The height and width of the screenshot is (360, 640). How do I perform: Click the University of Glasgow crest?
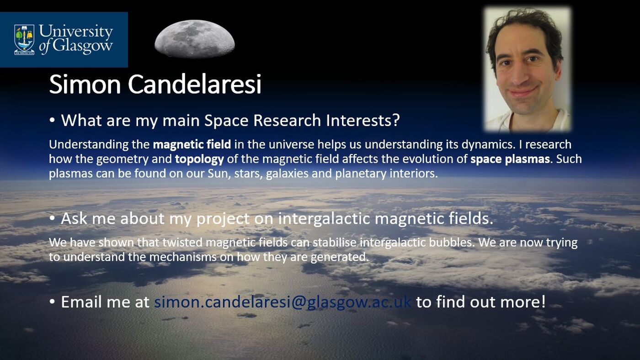24,39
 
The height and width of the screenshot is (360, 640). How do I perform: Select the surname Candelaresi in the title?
194,85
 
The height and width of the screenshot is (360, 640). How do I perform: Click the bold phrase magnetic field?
192,145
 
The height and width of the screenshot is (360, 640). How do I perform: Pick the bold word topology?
199,159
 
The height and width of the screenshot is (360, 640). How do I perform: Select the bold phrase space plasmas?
510,159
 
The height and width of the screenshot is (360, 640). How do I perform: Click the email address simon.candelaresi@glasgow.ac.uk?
283,302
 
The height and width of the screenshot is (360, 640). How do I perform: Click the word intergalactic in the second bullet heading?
324,219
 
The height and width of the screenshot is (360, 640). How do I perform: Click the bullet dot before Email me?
53,302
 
